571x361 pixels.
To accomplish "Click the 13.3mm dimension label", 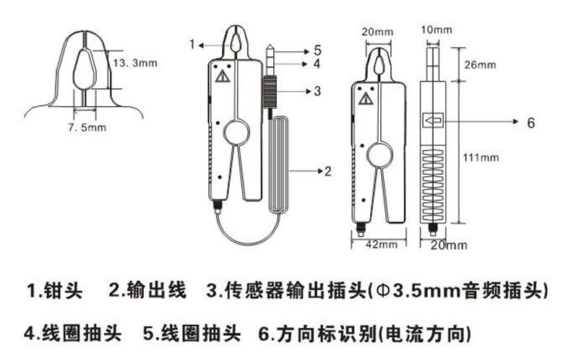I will [x=135, y=64].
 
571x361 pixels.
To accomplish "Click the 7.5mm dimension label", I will [x=87, y=128].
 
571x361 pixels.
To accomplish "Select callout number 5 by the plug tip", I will [x=316, y=51].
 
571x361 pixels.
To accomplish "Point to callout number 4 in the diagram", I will [x=316, y=64].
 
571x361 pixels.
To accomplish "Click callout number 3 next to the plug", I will [x=317, y=91].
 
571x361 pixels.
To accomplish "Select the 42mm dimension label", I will [x=377, y=245].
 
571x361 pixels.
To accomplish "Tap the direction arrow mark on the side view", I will [x=434, y=121].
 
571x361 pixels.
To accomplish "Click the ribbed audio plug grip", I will [x=269, y=93].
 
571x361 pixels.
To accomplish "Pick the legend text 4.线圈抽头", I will [x=68, y=333].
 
